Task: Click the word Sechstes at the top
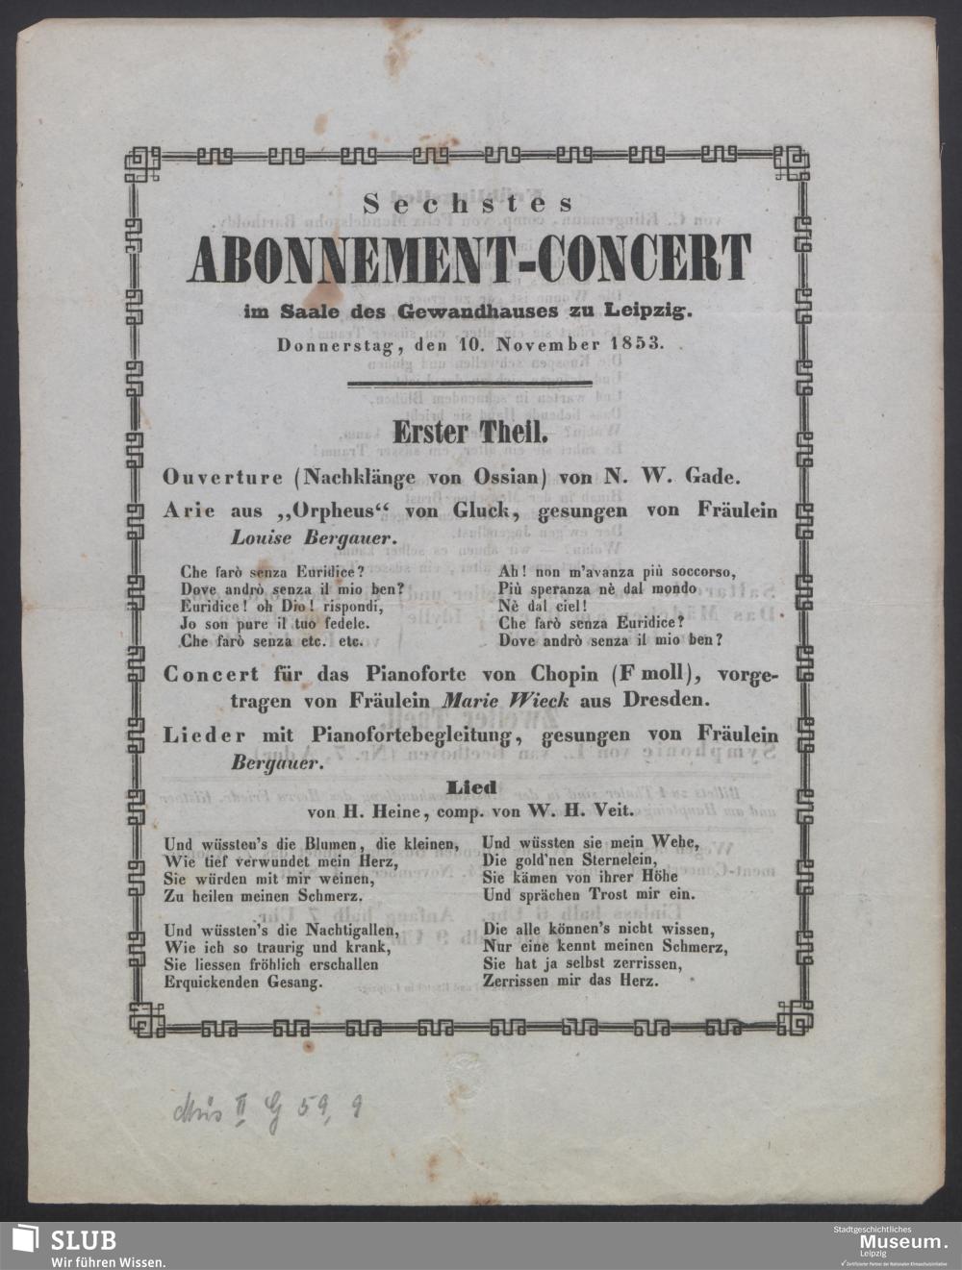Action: pyautogui.click(x=468, y=203)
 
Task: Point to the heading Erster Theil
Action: pyautogui.click(x=469, y=433)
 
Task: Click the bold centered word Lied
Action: pyautogui.click(x=470, y=787)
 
